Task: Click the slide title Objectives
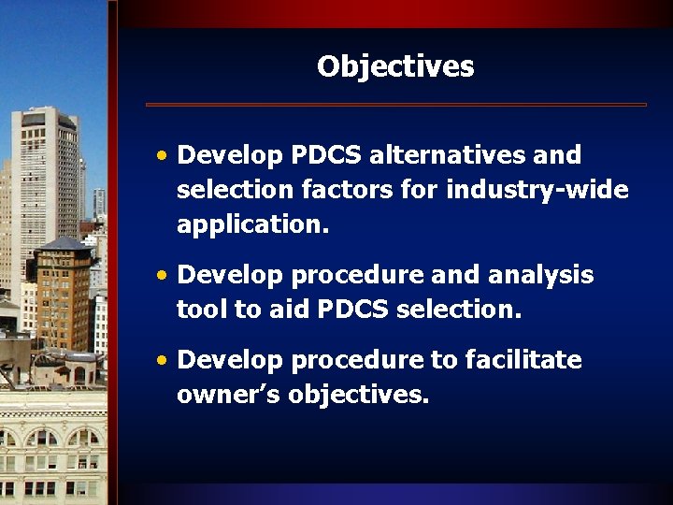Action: click(395, 67)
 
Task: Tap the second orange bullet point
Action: click(163, 276)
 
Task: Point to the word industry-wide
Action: click(537, 191)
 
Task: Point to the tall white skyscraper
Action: click(45, 178)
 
